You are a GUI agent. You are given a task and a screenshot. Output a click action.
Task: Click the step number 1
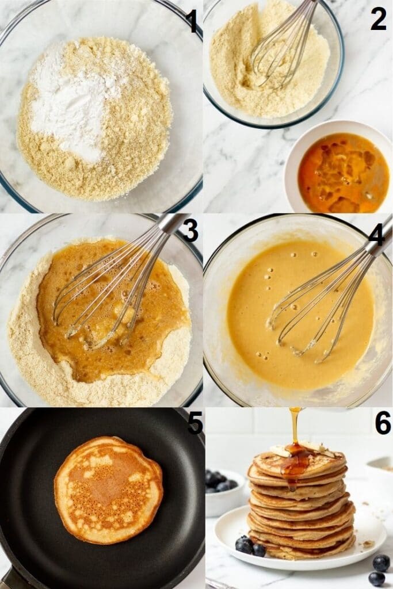pos(192,21)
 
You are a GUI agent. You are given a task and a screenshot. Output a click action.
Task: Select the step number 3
pos(190,230)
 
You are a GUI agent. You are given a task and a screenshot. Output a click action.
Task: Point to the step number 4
pos(377,234)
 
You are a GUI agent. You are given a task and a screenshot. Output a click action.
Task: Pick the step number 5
pos(195,423)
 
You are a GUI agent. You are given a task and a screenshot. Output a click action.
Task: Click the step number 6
pos(383,423)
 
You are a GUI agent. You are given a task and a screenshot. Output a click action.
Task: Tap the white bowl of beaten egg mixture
pos(339,173)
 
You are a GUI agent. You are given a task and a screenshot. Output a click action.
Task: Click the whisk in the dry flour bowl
pos(282,46)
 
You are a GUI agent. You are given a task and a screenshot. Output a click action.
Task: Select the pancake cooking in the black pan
pos(108,489)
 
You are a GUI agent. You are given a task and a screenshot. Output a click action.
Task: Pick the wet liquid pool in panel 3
pos(109,311)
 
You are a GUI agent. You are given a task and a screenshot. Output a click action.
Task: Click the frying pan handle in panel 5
pos(9,578)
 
